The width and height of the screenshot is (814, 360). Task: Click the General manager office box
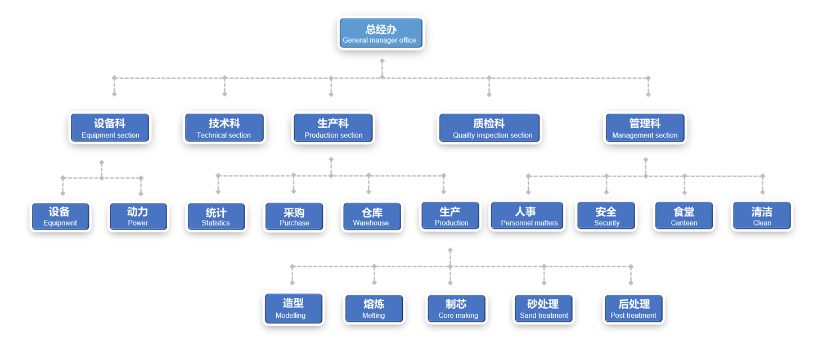[x=381, y=33]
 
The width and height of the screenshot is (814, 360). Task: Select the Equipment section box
[x=110, y=128]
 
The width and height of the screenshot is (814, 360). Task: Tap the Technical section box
[x=224, y=128]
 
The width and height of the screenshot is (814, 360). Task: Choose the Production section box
[x=333, y=128]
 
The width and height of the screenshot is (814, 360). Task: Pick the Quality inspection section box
[x=489, y=128]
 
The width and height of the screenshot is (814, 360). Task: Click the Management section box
[x=645, y=128]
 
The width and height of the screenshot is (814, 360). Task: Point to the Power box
[x=138, y=217]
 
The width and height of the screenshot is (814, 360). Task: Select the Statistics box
[x=216, y=217]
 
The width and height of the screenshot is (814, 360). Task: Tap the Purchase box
[x=294, y=217]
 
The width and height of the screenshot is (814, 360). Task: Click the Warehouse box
[x=372, y=217]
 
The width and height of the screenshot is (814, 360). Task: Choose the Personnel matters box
[x=528, y=217]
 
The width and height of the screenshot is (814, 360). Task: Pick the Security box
[x=606, y=217]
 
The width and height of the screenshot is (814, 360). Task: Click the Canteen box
[x=684, y=217]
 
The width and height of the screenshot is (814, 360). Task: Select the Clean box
[x=762, y=217]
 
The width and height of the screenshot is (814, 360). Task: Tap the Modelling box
[x=294, y=309]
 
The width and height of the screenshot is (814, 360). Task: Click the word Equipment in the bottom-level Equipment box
[x=60, y=223]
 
